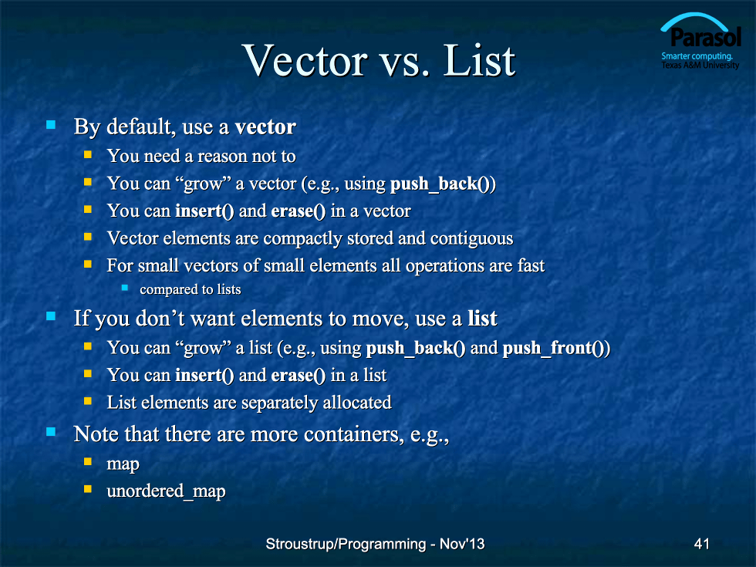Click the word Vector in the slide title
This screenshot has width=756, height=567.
[x=305, y=61]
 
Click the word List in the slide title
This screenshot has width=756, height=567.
[x=479, y=61]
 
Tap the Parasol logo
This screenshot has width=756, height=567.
[x=700, y=42]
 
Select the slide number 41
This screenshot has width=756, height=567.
[x=701, y=544]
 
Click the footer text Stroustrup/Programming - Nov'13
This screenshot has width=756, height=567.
[x=375, y=544]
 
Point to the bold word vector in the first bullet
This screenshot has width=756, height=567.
[x=265, y=127]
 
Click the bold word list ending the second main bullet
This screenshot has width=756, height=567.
[x=482, y=318]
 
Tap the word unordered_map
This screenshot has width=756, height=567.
[x=166, y=491]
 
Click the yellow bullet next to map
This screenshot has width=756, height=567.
[x=88, y=461]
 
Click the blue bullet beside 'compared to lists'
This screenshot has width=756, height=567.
[x=125, y=288]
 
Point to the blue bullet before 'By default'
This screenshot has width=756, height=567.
[x=51, y=125]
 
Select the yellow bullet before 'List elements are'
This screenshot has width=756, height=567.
[x=88, y=400]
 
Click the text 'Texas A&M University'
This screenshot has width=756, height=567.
[x=700, y=65]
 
